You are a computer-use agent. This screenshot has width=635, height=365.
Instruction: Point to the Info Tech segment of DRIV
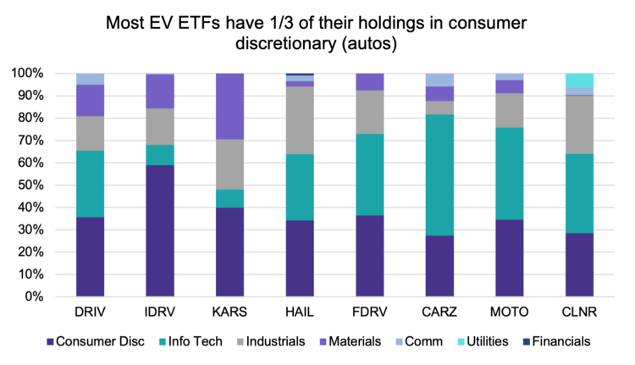tap(91, 184)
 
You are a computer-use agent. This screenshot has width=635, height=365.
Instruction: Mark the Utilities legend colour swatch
tap(460, 342)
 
